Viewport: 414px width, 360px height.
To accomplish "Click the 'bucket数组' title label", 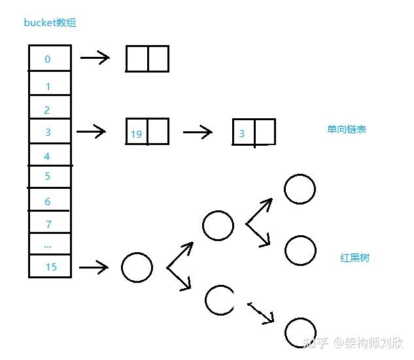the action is pyautogui.click(x=50, y=23).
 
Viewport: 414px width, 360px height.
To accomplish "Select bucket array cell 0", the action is pyautogui.click(x=49, y=59).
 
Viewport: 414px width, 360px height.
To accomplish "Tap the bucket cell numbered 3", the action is pyautogui.click(x=49, y=133).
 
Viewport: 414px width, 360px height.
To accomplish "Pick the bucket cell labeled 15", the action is pyautogui.click(x=50, y=267).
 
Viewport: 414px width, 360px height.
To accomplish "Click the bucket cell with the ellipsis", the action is pyautogui.click(x=49, y=245).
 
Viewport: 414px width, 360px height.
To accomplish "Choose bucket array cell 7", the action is pyautogui.click(x=49, y=224).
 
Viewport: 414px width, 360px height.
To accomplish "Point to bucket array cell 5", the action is pyautogui.click(x=49, y=176).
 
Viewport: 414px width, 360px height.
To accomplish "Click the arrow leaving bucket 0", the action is pyautogui.click(x=95, y=58).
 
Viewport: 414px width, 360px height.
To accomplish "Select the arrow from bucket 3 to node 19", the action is pyautogui.click(x=92, y=132).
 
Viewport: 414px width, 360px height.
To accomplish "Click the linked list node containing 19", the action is pyautogui.click(x=147, y=131).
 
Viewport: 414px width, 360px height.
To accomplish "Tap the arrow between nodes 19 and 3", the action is pyautogui.click(x=198, y=133).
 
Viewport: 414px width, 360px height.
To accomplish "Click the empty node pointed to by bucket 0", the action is pyautogui.click(x=147, y=58).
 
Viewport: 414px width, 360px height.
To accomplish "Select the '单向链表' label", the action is pyautogui.click(x=347, y=129).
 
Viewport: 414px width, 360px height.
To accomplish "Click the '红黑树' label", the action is pyautogui.click(x=354, y=257).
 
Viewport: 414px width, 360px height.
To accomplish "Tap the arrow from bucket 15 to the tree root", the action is pyautogui.click(x=93, y=267).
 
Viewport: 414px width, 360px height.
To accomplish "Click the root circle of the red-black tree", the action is pyautogui.click(x=137, y=268).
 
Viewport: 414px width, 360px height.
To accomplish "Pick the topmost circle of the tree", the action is pyautogui.click(x=300, y=189).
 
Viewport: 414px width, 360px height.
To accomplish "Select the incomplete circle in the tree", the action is pyautogui.click(x=218, y=300).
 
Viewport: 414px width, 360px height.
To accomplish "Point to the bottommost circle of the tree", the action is pyautogui.click(x=300, y=332).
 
